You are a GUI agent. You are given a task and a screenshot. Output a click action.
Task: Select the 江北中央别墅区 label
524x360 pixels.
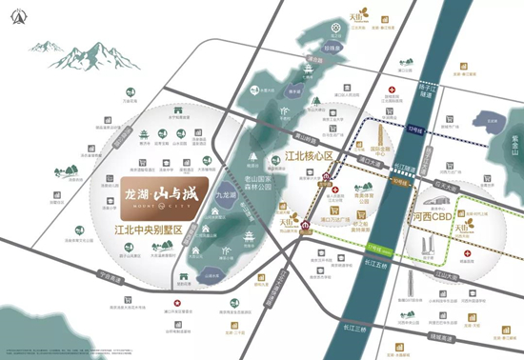(154, 229)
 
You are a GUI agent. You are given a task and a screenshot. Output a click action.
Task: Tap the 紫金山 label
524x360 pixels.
(514, 139)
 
